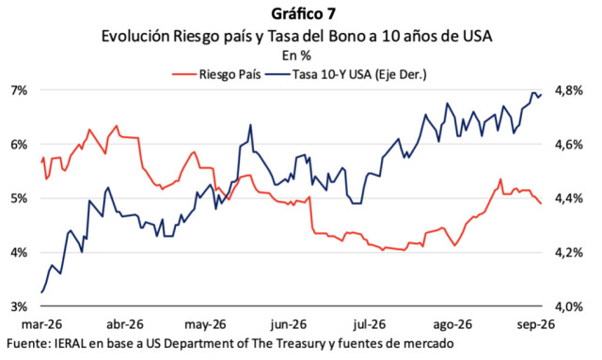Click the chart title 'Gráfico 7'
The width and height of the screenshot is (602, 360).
pos(303,14)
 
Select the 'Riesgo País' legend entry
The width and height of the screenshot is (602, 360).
pos(216,74)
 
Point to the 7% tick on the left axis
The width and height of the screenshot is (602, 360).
pos(20,90)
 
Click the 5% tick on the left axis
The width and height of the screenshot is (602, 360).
pos(20,199)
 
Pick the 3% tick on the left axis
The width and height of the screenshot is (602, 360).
pos(20,307)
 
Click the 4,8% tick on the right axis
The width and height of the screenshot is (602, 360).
pos(568,90)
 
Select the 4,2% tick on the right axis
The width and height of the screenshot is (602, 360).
pos(568,253)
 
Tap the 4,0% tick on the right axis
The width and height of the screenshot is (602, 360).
pos(568,307)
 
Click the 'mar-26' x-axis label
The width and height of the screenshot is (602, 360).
pos(41,324)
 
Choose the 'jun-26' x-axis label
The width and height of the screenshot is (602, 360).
pos(289,324)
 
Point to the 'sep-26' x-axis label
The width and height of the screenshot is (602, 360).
pos(535,324)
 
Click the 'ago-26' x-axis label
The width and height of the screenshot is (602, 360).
pos(452,324)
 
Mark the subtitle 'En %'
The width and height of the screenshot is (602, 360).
pos(296,55)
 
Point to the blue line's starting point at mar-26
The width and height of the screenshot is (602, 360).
pos(41,292)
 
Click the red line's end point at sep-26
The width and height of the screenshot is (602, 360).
pos(541,203)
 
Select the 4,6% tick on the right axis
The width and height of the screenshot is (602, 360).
pos(568,145)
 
